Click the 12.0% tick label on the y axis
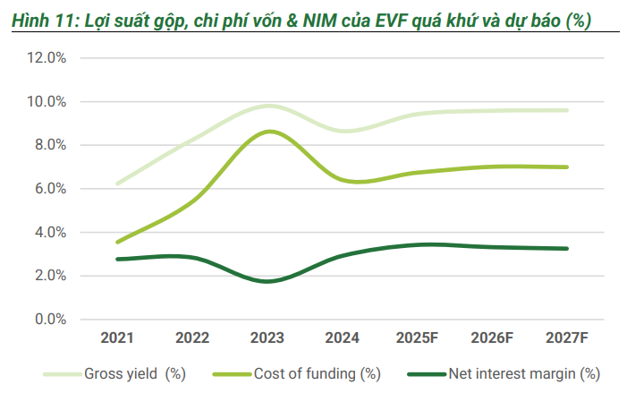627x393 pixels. pos(47,58)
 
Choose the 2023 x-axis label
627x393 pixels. pos(267,337)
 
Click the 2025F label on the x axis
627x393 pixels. pos(417,337)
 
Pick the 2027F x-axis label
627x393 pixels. pos(567,337)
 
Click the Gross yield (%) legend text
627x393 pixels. pos(135,373)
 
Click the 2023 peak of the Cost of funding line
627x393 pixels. pos(267,132)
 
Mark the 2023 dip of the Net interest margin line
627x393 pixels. pos(267,281)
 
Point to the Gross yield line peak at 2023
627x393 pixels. pos(267,106)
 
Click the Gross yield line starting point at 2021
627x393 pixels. pos(117,184)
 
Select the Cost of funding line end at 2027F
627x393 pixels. pos(567,167)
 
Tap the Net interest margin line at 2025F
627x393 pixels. pos(418,244)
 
